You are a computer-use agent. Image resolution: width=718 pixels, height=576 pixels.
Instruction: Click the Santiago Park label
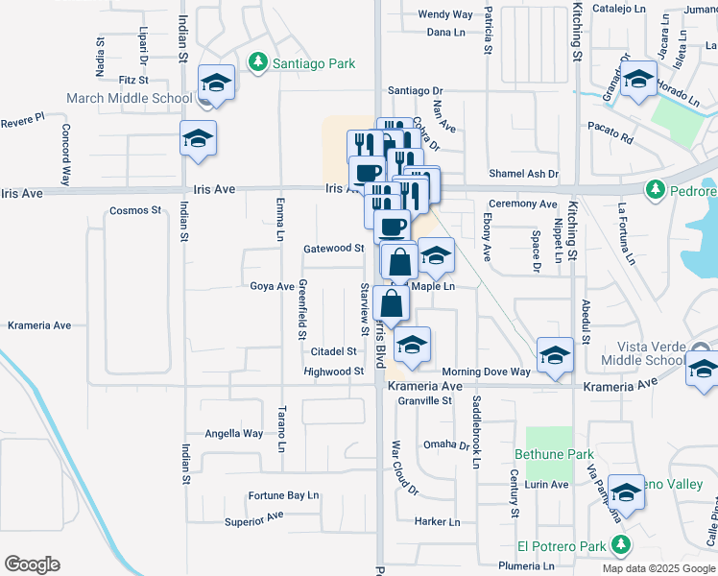click(x=312, y=63)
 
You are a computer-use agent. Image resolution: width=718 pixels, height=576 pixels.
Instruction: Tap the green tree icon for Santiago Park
click(x=256, y=63)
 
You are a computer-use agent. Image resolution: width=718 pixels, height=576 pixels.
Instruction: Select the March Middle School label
click(x=129, y=98)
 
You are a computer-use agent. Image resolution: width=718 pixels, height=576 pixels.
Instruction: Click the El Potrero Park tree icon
click(x=620, y=546)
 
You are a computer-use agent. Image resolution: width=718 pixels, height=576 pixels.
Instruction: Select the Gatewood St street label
click(x=334, y=248)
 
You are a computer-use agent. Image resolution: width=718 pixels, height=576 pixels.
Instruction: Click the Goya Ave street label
click(x=272, y=286)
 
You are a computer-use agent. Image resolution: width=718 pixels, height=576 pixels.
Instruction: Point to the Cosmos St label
click(x=134, y=210)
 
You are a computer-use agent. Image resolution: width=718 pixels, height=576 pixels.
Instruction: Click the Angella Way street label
click(x=233, y=433)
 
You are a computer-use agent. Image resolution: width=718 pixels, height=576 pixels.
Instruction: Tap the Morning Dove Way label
click(x=486, y=372)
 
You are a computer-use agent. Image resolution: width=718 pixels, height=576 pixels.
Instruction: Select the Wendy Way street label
click(x=445, y=14)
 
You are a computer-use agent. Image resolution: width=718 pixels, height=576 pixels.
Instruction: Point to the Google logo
click(x=32, y=564)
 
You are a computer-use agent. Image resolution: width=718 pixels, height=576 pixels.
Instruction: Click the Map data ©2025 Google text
click(x=658, y=568)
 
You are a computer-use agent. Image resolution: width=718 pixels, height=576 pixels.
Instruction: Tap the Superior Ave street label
click(x=254, y=519)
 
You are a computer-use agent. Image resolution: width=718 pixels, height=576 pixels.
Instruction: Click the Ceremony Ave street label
click(x=522, y=204)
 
